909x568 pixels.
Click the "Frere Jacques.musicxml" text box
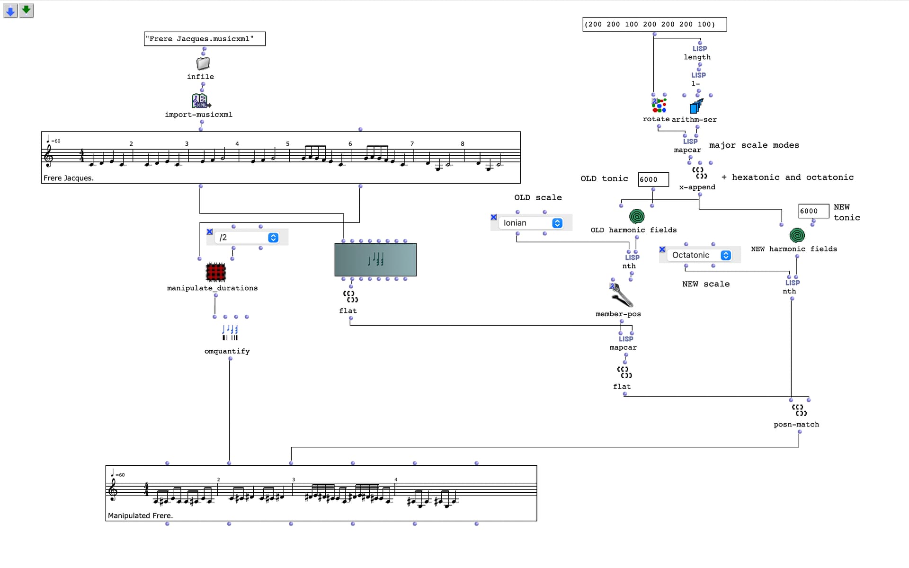click(x=205, y=39)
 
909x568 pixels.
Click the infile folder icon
click(x=203, y=63)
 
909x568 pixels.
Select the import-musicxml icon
click(x=201, y=101)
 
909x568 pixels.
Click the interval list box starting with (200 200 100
click(x=654, y=24)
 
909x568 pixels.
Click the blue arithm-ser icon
click(x=696, y=106)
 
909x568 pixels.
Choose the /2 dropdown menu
click(x=247, y=238)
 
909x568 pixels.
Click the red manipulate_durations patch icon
click(x=216, y=272)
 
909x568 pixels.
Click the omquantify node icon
click(x=230, y=332)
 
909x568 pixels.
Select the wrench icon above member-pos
click(x=621, y=295)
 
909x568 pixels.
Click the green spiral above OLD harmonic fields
click(x=637, y=216)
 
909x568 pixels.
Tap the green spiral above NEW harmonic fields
click(x=797, y=235)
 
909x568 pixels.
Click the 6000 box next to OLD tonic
click(x=653, y=179)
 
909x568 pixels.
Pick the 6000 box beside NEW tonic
click(x=813, y=211)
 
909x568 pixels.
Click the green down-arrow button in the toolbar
click(x=27, y=10)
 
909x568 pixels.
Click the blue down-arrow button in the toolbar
click(x=10, y=10)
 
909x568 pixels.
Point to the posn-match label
click(x=796, y=425)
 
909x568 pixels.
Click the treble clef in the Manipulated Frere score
click(x=113, y=489)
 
